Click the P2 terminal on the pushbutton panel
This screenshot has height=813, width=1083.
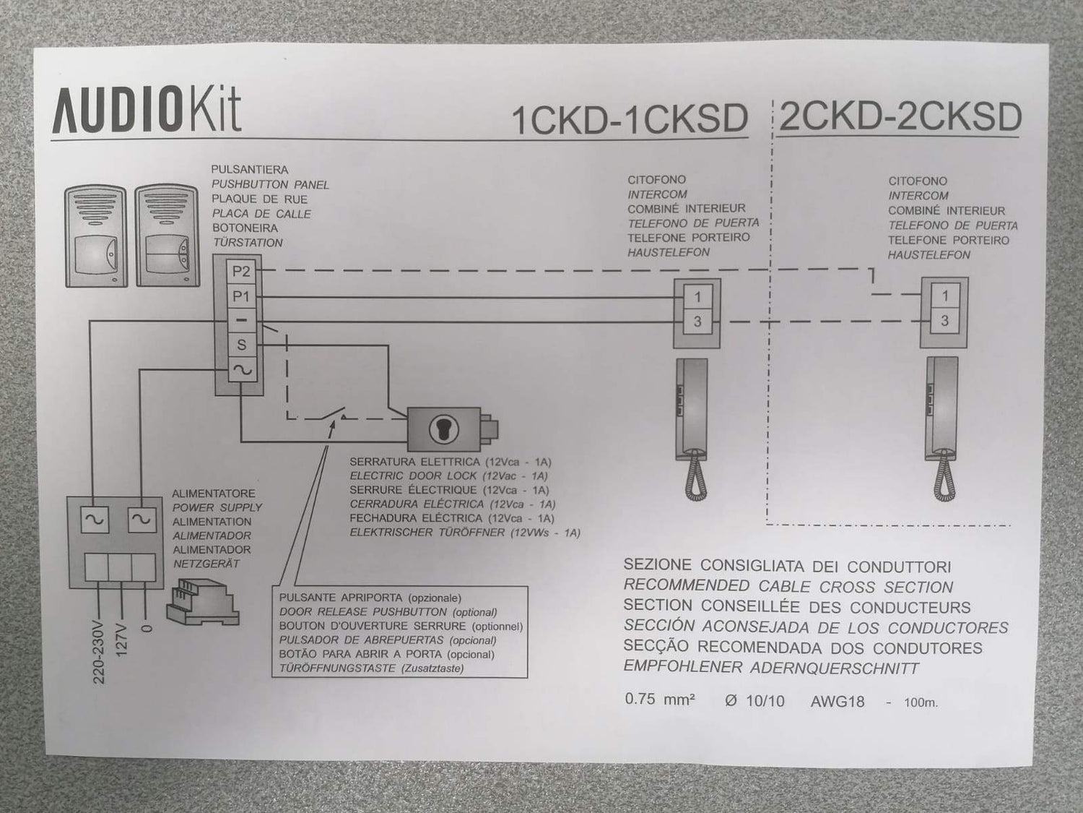(240, 272)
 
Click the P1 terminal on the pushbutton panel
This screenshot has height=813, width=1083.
(240, 296)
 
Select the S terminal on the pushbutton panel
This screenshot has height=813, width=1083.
(241, 345)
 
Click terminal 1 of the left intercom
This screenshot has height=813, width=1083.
(697, 296)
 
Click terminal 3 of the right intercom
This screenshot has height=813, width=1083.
(944, 321)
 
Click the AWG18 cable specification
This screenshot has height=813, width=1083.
(838, 701)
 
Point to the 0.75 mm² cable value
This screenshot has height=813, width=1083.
(659, 700)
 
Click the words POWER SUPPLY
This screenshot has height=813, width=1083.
(217, 507)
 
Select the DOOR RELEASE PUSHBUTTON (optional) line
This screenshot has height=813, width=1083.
(388, 612)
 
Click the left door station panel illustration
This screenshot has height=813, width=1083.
(95, 236)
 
